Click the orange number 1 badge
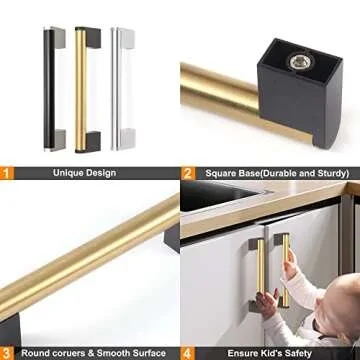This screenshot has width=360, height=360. click(7, 172)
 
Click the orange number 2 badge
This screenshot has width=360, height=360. click(188, 172)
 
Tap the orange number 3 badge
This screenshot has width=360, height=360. click(7, 352)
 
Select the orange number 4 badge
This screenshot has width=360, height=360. click(188, 352)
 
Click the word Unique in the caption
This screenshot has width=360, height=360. click(71, 172)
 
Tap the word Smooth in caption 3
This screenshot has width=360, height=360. click(105, 352)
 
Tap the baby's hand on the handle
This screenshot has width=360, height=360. click(289, 269)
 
